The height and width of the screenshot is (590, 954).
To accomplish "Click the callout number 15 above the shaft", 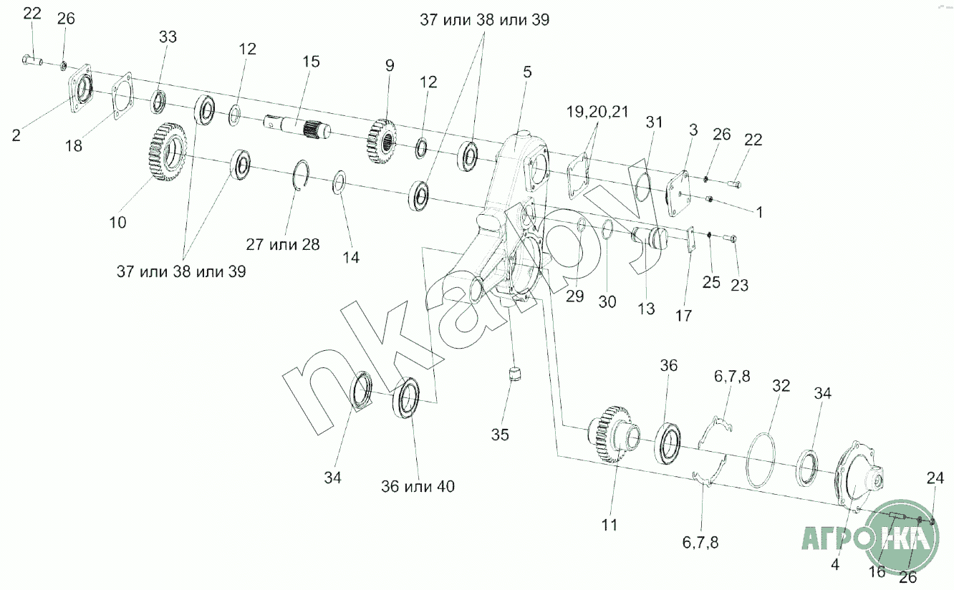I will [x=311, y=62].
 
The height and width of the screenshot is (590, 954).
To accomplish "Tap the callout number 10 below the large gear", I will [x=117, y=223].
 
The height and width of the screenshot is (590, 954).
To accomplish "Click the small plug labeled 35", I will [x=513, y=375].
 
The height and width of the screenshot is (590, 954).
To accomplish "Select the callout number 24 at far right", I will [x=935, y=478].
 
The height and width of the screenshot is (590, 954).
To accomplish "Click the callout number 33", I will [x=167, y=37].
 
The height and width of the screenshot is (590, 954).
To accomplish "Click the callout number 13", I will [x=646, y=308].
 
